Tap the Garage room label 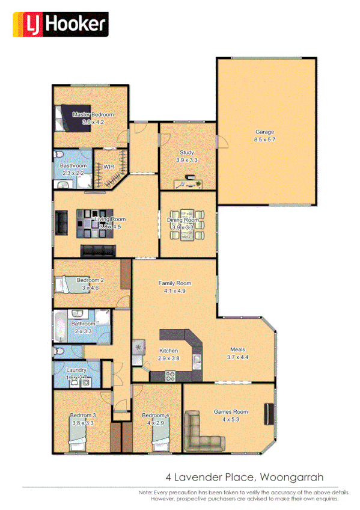(x=264, y=132)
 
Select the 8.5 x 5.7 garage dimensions (x=264, y=140)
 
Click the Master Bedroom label (x=93, y=114)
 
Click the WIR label (x=109, y=167)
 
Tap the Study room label (x=187, y=153)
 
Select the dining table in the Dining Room (x=187, y=224)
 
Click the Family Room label (x=174, y=283)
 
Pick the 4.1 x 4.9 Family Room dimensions (x=174, y=290)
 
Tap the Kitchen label (x=168, y=351)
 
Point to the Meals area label (x=238, y=349)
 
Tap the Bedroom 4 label (x=155, y=416)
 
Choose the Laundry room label (x=76, y=370)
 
